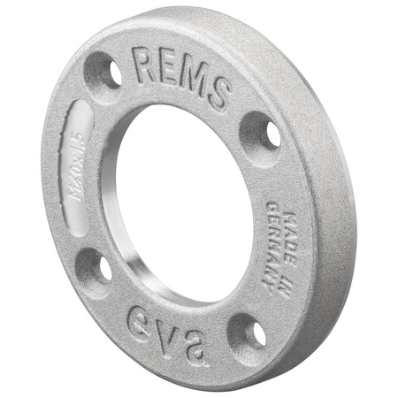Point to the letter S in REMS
218,93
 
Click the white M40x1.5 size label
76,167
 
